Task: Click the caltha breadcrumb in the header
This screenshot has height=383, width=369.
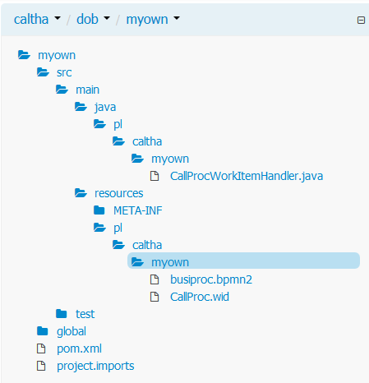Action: (x=31, y=20)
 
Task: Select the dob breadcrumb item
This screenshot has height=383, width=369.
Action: (x=87, y=20)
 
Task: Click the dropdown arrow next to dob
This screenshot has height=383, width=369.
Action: (x=107, y=18)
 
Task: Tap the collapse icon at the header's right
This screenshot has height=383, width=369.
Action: (x=361, y=20)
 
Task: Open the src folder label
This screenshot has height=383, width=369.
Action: (x=64, y=72)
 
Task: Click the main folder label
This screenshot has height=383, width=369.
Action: (x=87, y=90)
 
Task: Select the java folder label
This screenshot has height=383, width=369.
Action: (x=105, y=107)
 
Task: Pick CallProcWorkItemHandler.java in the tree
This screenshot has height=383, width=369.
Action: (x=247, y=176)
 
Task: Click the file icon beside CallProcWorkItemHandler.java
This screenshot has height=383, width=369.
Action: (x=155, y=176)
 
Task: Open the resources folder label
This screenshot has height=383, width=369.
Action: (x=118, y=193)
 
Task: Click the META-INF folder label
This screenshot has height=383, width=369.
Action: (x=138, y=210)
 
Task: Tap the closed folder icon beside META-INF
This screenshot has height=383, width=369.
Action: (x=99, y=210)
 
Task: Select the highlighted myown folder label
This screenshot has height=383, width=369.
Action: (x=170, y=262)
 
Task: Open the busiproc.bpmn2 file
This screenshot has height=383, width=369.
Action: (x=211, y=279)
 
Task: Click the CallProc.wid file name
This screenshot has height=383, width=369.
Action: (x=200, y=297)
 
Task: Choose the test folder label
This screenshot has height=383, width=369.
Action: (x=85, y=314)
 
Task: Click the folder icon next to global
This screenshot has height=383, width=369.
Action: (x=43, y=331)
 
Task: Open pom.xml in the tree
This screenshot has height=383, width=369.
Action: (x=79, y=348)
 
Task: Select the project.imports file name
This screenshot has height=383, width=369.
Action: (x=95, y=366)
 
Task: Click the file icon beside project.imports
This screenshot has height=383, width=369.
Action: (x=41, y=366)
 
